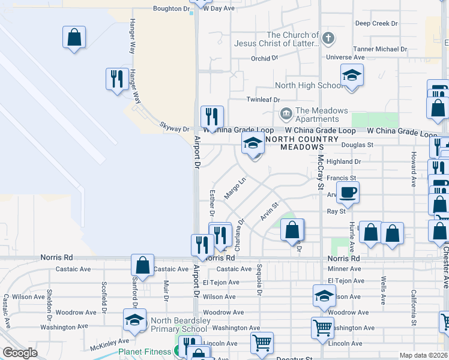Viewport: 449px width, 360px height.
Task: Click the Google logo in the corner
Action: (20, 353)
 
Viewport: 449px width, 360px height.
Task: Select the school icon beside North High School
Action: (352, 76)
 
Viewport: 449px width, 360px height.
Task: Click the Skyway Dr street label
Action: (174, 127)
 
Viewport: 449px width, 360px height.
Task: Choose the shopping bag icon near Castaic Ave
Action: (143, 264)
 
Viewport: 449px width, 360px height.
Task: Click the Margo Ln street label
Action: (235, 188)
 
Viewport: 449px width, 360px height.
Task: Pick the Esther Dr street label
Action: (212, 202)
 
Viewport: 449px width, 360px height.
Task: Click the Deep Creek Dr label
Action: (377, 23)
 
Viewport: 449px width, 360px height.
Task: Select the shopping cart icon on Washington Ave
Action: (322, 328)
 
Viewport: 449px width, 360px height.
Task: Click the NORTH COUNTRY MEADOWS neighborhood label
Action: (294, 143)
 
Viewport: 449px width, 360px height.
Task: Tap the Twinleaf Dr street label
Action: (264, 99)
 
